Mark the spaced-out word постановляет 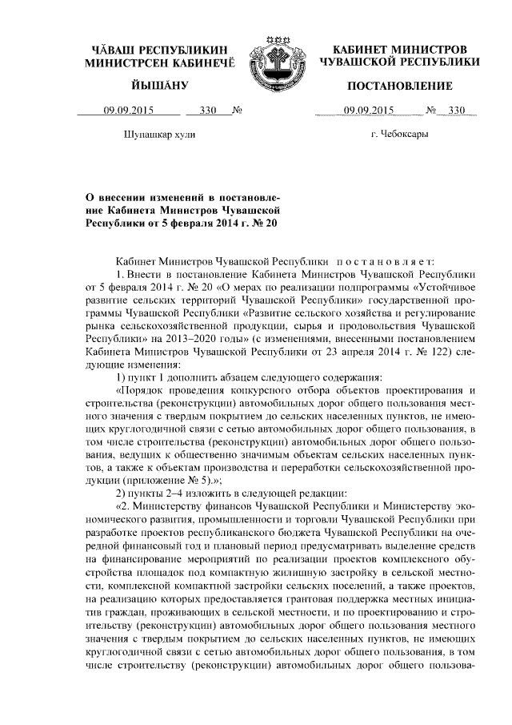click(x=387, y=260)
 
